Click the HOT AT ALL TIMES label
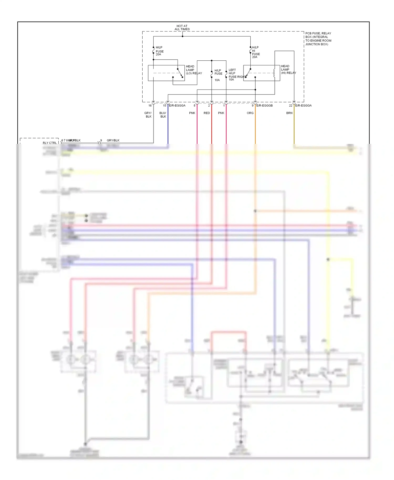pos(182,28)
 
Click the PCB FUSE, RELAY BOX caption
pos(318,39)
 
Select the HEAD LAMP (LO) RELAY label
pos(194,70)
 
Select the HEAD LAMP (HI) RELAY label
pos(288,70)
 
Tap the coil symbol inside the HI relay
pos(274,73)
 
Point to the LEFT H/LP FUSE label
pos(232,72)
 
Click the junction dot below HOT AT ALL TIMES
pos(183,36)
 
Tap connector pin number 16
pos(150,106)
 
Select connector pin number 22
pos(291,106)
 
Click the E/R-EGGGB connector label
pos(265,106)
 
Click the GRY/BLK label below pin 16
pos(148,115)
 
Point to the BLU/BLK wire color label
pos(163,115)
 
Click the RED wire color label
pos(207,113)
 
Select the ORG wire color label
pos(250,113)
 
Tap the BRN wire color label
pos(289,113)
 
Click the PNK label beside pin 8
pos(192,113)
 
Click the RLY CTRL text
pos(50,143)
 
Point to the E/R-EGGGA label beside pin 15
pos(177,106)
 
